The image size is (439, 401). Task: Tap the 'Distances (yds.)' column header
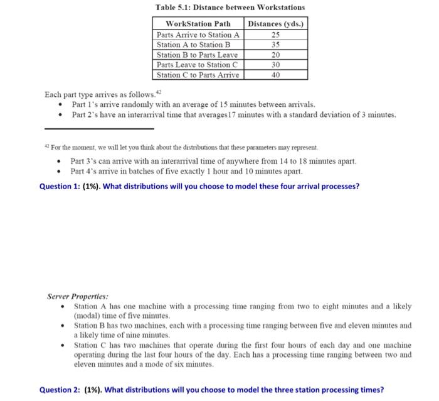(x=276, y=24)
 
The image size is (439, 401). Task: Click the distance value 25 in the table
(x=275, y=35)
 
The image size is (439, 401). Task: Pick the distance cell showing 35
(x=275, y=45)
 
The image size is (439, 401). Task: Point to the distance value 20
(x=275, y=55)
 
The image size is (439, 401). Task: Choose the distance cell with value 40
(x=275, y=75)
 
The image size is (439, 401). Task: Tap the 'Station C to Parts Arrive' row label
(x=198, y=75)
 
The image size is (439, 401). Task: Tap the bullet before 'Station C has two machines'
(x=64, y=345)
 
